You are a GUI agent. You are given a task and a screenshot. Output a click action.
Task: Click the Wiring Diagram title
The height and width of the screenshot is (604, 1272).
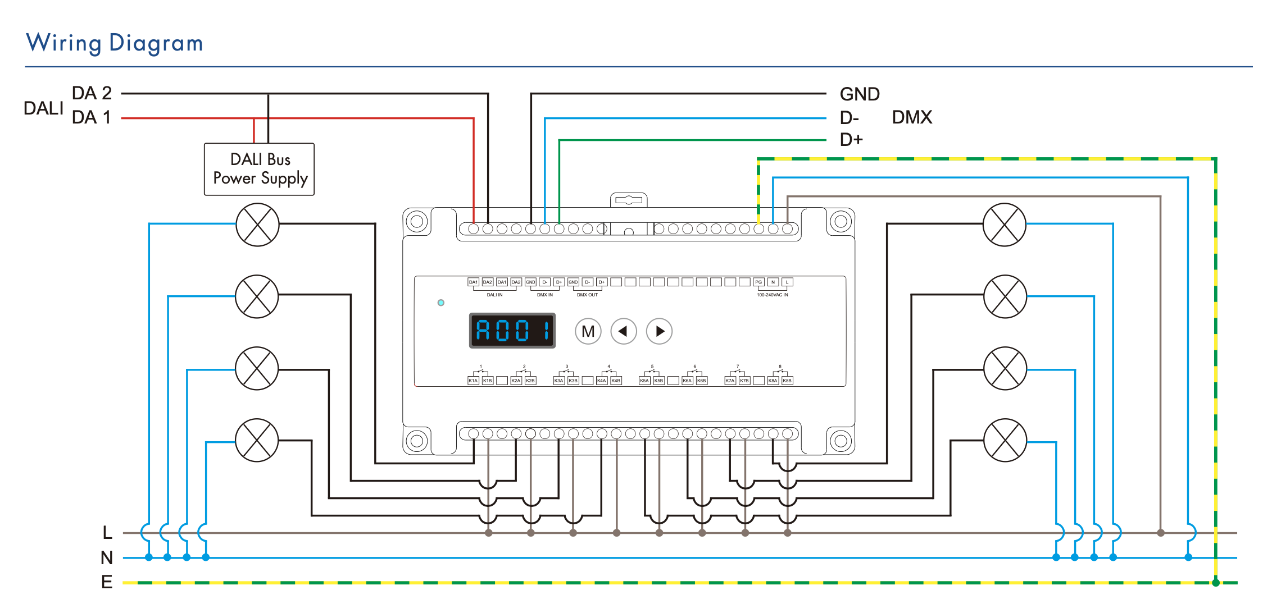[x=115, y=43]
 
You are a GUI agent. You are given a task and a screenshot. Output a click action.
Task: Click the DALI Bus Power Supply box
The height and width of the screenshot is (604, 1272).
[x=259, y=170]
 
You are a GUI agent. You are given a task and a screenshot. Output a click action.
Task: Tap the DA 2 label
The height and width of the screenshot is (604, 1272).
[x=92, y=93]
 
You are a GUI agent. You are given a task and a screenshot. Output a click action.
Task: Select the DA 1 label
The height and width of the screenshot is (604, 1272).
[x=92, y=117]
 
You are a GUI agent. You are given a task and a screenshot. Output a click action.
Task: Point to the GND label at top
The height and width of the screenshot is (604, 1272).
[x=859, y=94]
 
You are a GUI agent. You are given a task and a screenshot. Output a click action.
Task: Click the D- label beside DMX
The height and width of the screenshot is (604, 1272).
[x=849, y=118]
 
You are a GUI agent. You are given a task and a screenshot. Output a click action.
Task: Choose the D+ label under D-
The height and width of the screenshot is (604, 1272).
[x=851, y=140]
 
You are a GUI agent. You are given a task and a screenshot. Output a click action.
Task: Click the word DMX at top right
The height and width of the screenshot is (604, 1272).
[x=912, y=117]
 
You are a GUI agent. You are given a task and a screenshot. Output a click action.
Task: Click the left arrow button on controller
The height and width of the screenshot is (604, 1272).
[x=623, y=331]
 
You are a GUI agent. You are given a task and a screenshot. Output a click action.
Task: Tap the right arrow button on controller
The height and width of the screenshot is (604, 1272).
[x=660, y=331]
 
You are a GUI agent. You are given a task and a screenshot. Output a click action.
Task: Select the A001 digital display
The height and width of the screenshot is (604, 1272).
[x=512, y=331]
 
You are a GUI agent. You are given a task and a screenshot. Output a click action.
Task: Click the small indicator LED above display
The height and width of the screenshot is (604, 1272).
[x=441, y=303]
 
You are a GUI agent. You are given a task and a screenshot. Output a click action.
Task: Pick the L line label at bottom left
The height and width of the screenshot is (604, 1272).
[x=107, y=532]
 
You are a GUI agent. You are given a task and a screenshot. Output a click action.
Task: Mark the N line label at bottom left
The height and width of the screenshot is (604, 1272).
[x=107, y=557]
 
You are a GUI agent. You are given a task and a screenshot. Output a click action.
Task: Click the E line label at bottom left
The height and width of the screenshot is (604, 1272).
[x=107, y=582]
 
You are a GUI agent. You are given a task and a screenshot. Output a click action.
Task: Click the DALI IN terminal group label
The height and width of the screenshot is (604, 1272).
[x=494, y=295]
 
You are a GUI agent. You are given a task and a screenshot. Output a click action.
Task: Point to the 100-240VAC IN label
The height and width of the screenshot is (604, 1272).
[x=772, y=295]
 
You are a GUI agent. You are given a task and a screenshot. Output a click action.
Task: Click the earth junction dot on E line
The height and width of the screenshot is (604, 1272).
[x=1215, y=583]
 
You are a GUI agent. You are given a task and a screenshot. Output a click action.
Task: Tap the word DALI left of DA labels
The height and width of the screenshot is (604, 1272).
[x=43, y=108]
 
